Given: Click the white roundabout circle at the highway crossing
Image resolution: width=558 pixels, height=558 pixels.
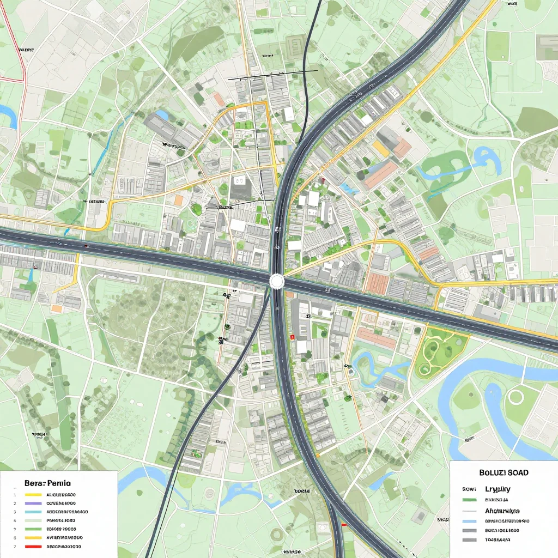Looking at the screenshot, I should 277,281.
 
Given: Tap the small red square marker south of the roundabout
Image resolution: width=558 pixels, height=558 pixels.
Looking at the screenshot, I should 292,337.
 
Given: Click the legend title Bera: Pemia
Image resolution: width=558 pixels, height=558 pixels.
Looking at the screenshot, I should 47,483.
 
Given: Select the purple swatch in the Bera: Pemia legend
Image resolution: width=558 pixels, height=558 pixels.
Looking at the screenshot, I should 33,504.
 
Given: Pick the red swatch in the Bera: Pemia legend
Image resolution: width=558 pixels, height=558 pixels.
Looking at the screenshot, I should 33,546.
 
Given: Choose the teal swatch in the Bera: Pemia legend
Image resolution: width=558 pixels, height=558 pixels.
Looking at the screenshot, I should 33,512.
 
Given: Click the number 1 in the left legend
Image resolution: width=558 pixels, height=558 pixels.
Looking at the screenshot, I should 15,495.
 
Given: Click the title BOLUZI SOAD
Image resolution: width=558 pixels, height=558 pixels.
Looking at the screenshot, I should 503,472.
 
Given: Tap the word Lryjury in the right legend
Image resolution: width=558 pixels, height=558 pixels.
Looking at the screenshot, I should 496,489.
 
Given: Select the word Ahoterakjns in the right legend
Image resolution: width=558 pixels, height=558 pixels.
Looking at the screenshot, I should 502,511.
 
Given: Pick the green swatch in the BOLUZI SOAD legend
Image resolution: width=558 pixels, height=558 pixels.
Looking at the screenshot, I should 469,499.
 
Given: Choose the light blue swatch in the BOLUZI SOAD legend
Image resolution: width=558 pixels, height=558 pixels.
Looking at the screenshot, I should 469,521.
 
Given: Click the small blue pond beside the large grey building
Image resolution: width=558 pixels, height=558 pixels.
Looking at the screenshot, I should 162,115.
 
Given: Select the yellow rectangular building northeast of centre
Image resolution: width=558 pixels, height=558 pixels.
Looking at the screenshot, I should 380,148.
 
